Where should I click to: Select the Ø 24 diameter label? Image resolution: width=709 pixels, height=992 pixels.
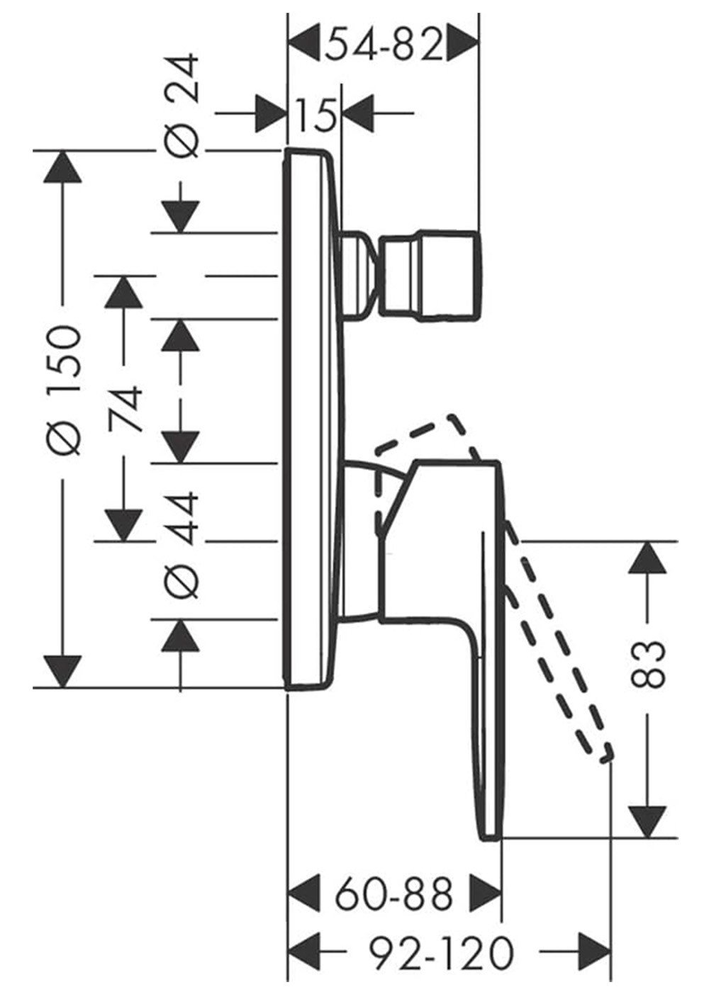pos(180,106)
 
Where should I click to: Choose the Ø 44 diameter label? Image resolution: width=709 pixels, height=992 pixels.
pos(181,545)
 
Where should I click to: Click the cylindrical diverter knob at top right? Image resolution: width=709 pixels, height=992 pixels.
pos(429,275)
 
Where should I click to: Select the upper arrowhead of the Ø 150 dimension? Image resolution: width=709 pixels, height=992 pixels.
pos(62,167)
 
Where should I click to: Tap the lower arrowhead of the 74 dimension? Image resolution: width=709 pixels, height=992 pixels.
pos(124,525)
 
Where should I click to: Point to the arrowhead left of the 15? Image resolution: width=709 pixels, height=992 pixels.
pos(270,114)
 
